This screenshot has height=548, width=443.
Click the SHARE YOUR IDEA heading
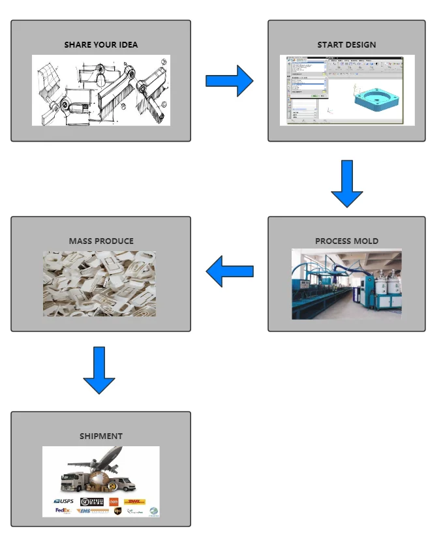tap(101, 45)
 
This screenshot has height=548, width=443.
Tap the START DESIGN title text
tap(346, 45)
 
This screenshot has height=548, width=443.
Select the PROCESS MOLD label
tap(346, 241)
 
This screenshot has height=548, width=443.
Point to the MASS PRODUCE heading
tap(101, 241)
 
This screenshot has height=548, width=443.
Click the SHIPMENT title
tap(101, 436)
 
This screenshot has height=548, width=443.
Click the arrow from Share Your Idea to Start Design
tap(229, 81)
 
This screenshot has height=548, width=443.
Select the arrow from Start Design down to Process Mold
tap(346, 183)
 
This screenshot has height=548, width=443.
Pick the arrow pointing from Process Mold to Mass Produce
tap(229, 271)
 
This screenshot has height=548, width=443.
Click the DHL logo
tap(135, 502)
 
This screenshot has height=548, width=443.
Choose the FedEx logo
tap(63, 511)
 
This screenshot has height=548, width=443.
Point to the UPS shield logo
tap(117, 511)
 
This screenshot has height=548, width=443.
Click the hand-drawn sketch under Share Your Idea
tap(101, 90)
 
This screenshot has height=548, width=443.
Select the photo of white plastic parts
tap(99, 284)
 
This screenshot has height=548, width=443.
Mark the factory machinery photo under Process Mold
tap(346, 284)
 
